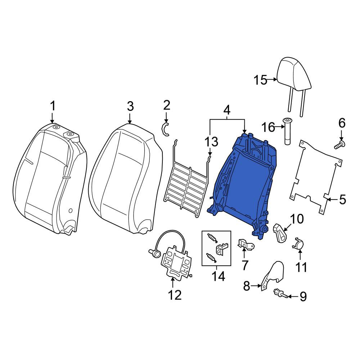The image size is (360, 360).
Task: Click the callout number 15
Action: click(260, 80)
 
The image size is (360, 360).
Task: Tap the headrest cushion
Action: click(294, 75)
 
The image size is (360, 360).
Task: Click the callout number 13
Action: click(211, 141)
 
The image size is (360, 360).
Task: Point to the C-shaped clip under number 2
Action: click(165, 129)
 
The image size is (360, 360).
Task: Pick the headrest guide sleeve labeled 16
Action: click(287, 131)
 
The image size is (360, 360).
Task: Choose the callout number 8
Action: click(247, 286)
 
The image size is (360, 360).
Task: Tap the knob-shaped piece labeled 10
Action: click(280, 233)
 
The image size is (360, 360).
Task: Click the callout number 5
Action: click(342, 199)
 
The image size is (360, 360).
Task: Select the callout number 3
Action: click(130, 107)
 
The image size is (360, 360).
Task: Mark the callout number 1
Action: click(53, 106)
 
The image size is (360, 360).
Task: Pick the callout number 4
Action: click(226, 111)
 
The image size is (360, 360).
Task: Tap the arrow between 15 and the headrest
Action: click(272, 80)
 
